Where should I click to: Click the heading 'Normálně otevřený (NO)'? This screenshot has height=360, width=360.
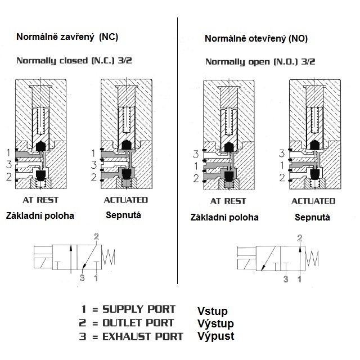(x=256, y=39)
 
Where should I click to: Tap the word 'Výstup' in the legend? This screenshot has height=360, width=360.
(x=215, y=323)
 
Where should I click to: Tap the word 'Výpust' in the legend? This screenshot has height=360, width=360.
(x=215, y=336)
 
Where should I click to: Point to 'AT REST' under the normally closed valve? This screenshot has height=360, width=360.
(x=40, y=200)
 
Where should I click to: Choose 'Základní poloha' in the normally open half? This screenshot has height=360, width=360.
(x=224, y=217)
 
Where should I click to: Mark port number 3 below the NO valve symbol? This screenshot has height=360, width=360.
(x=286, y=278)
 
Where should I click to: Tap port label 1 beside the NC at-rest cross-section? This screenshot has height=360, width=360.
(x=8, y=152)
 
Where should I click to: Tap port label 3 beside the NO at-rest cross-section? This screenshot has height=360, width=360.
(x=196, y=154)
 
